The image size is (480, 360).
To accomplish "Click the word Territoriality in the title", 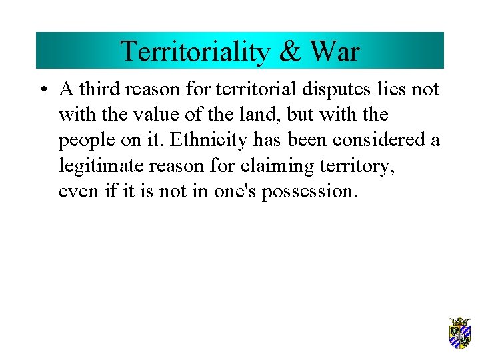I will (193, 51).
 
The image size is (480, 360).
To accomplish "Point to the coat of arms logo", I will (459, 333).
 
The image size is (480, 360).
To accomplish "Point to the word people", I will (83, 141).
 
